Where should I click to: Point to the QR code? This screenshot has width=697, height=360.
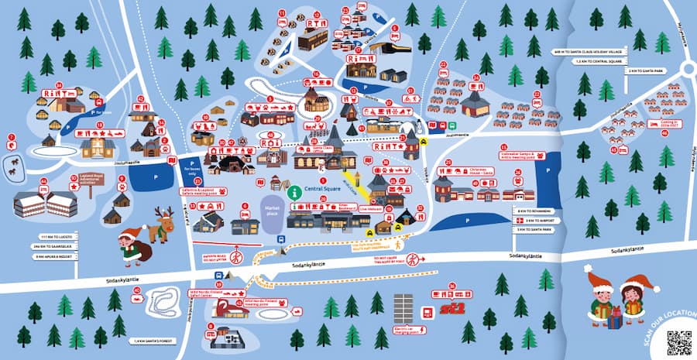click(x=678, y=341)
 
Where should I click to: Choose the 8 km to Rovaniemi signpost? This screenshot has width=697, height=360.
click(x=534, y=211)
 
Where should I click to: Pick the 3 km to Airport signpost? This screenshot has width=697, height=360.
click(x=534, y=221)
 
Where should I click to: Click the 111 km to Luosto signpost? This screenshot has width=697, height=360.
click(x=53, y=236)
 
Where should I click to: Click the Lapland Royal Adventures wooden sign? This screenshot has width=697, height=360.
click(x=91, y=178)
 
